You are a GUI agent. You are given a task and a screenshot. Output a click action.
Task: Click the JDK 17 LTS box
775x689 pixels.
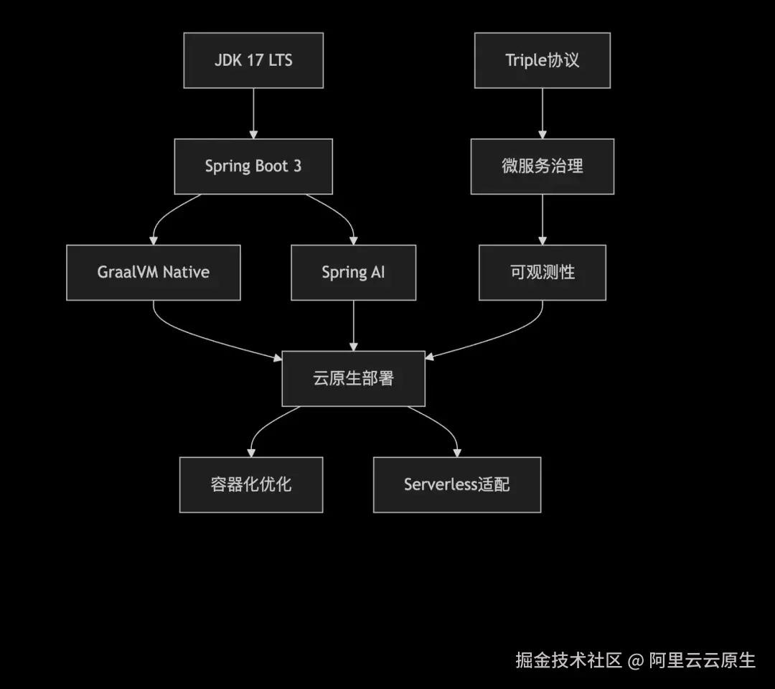click(x=253, y=60)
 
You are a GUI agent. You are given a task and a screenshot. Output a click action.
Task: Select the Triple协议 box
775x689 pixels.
click(x=542, y=60)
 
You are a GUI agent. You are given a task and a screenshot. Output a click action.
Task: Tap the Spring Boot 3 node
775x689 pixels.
click(x=253, y=167)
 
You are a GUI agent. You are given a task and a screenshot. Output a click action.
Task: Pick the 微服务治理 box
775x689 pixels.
click(x=542, y=167)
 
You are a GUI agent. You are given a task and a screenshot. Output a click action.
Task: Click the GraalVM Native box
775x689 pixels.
click(x=154, y=273)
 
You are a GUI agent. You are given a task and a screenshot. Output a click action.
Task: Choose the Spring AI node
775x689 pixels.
click(x=353, y=273)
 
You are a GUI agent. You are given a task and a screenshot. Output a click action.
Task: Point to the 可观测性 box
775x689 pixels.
click(x=542, y=273)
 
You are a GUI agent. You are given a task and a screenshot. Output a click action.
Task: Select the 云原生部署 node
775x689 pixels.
click(x=353, y=379)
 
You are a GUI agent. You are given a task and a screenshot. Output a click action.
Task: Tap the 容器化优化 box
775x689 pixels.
click(x=251, y=485)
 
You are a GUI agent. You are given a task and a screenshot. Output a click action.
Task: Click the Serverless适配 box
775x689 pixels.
click(x=457, y=485)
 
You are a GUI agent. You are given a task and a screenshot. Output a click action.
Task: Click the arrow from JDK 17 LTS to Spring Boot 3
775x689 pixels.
click(x=253, y=113)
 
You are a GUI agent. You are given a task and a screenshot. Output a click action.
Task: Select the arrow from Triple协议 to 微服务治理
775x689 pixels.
click(x=542, y=113)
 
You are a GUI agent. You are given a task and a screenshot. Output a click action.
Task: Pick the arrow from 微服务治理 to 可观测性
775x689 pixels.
click(x=542, y=220)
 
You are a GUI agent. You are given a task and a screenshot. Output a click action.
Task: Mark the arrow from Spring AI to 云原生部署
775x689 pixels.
click(x=353, y=326)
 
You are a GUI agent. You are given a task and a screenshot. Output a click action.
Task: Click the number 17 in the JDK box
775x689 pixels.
click(x=255, y=60)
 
